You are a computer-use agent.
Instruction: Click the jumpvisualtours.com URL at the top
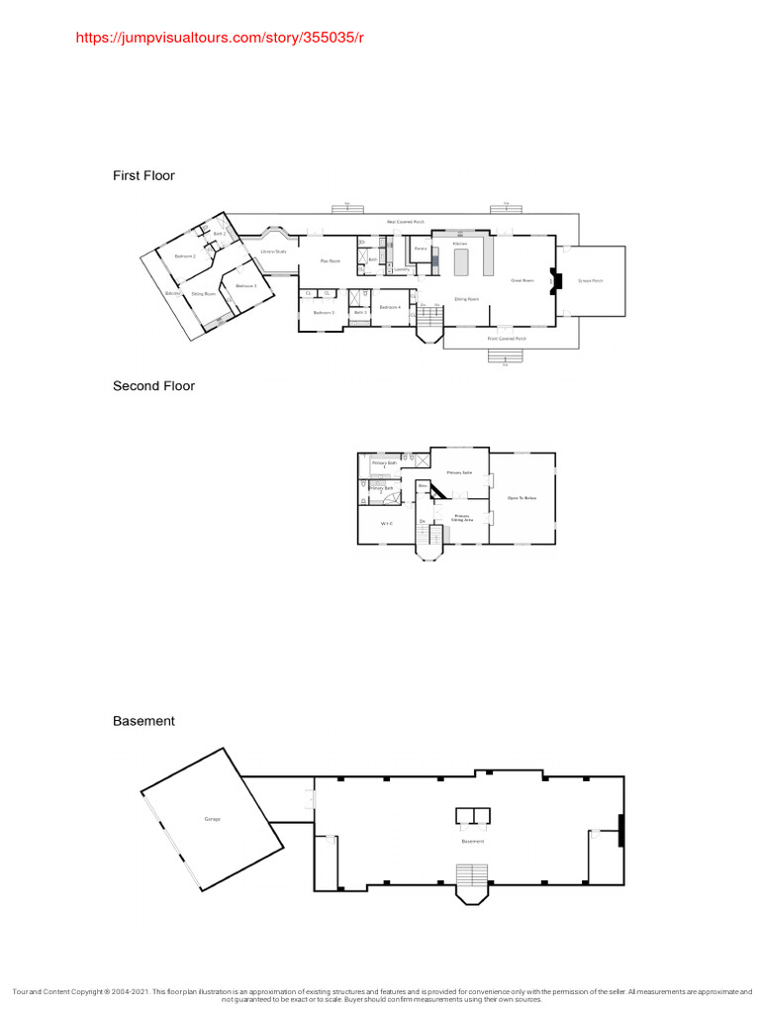click(x=220, y=38)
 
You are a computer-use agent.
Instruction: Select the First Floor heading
click(x=143, y=175)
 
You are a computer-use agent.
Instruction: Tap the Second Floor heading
click(x=153, y=386)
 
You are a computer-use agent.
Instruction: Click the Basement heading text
click(x=143, y=721)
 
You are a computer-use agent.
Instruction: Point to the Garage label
click(x=213, y=819)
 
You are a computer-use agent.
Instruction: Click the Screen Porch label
click(x=591, y=281)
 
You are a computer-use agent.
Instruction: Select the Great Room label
click(x=522, y=281)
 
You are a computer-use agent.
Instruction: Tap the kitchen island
click(x=460, y=261)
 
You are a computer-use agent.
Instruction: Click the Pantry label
click(x=421, y=249)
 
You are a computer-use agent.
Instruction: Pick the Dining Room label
click(x=467, y=298)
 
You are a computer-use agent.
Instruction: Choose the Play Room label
click(x=330, y=260)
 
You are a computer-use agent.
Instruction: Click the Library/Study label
click(x=273, y=252)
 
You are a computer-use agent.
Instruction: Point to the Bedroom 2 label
click(x=185, y=256)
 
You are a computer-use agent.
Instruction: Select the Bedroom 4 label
click(x=390, y=307)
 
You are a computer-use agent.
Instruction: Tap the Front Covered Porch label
click(x=507, y=339)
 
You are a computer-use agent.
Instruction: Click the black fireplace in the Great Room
click(x=556, y=282)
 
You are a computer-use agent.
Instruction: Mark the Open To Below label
click(x=522, y=497)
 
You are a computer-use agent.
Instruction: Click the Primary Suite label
click(x=459, y=472)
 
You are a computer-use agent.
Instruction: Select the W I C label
click(x=388, y=523)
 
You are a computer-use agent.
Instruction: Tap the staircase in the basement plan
click(x=473, y=875)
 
